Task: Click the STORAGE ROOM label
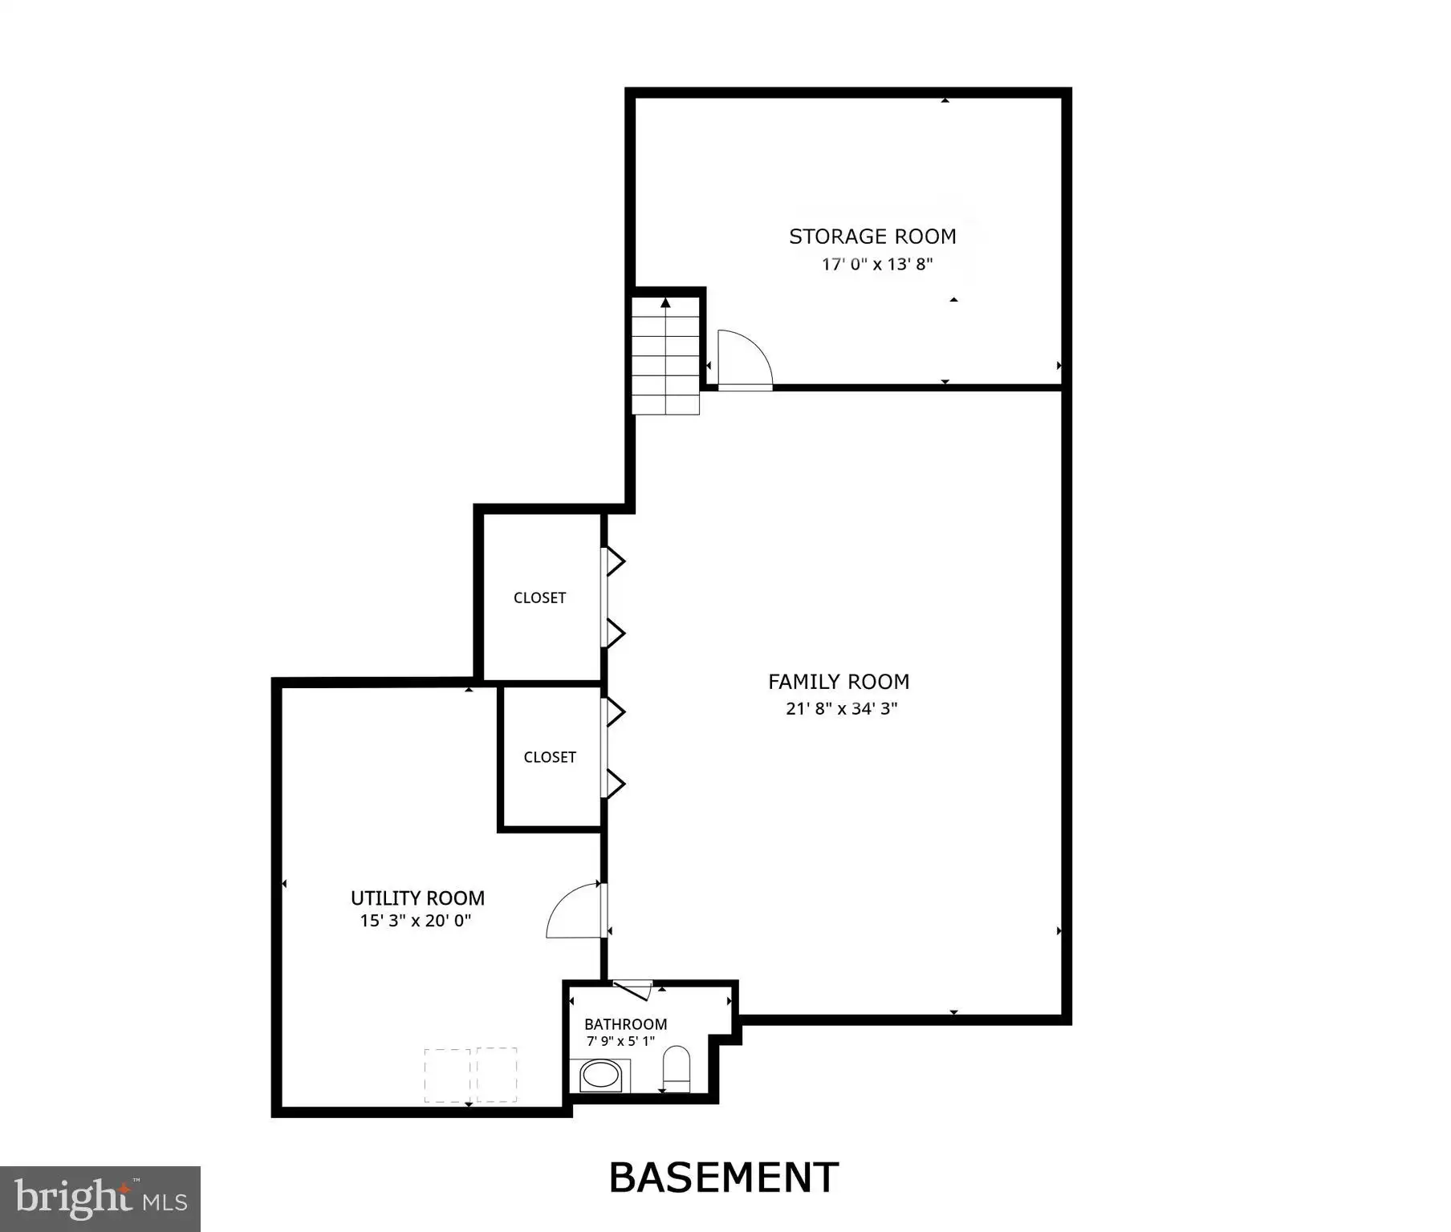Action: (872, 237)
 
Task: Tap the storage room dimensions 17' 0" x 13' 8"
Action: (877, 264)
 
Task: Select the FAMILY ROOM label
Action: (839, 682)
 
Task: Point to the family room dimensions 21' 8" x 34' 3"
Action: (842, 708)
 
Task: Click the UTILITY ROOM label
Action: (417, 898)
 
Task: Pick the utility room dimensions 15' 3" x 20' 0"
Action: (416, 921)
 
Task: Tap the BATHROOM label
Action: (626, 1024)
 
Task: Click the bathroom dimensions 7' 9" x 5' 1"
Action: (621, 1041)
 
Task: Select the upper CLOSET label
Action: (540, 598)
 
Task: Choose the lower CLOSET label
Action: (550, 757)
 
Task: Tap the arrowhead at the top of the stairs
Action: (665, 302)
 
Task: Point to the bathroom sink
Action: (600, 1076)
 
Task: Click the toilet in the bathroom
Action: (677, 1069)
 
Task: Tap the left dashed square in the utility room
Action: (448, 1075)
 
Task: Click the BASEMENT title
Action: (724, 1177)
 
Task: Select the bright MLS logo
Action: (100, 1198)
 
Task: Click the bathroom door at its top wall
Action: (632, 990)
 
